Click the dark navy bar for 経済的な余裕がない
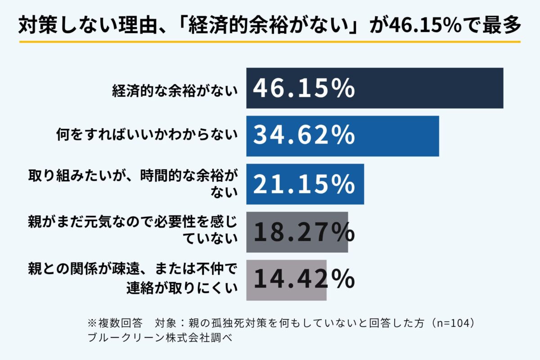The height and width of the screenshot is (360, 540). pyautogui.click(x=427, y=88)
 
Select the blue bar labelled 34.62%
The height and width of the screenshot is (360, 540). pyautogui.click(x=396, y=136)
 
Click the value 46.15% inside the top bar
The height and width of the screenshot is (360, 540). pyautogui.click(x=304, y=89)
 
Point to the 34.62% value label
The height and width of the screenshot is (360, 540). pyautogui.click(x=304, y=136)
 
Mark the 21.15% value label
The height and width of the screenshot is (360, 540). pyautogui.click(x=304, y=184)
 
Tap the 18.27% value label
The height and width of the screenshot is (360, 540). pyautogui.click(x=304, y=232)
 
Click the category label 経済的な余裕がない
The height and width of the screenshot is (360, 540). pyautogui.click(x=175, y=91)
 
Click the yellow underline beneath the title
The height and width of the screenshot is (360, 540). pyautogui.click(x=270, y=41)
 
